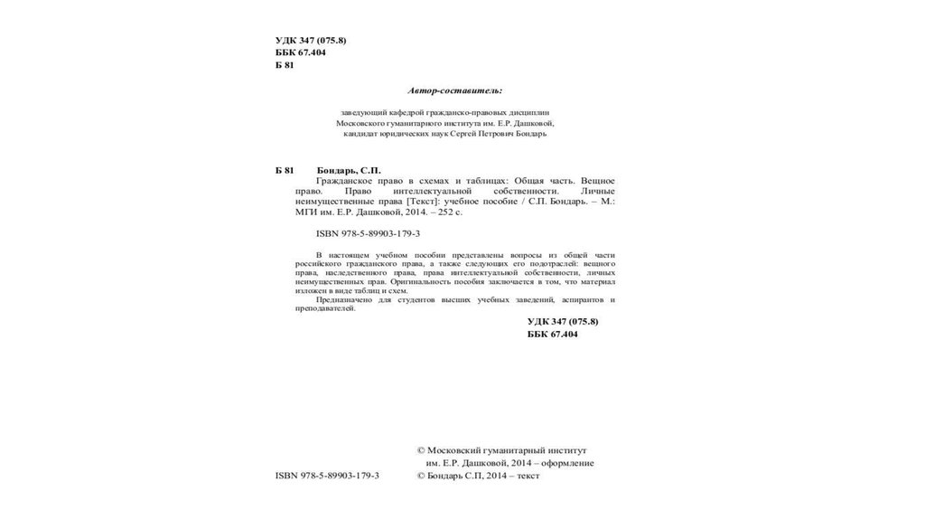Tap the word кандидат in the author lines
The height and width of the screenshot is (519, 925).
point(361,134)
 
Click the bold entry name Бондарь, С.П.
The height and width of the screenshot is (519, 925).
point(350,170)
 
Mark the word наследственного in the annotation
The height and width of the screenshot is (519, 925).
point(344,273)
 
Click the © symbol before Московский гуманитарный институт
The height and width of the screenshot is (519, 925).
point(420,449)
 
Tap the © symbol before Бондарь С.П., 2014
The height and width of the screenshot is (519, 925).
point(420,476)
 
